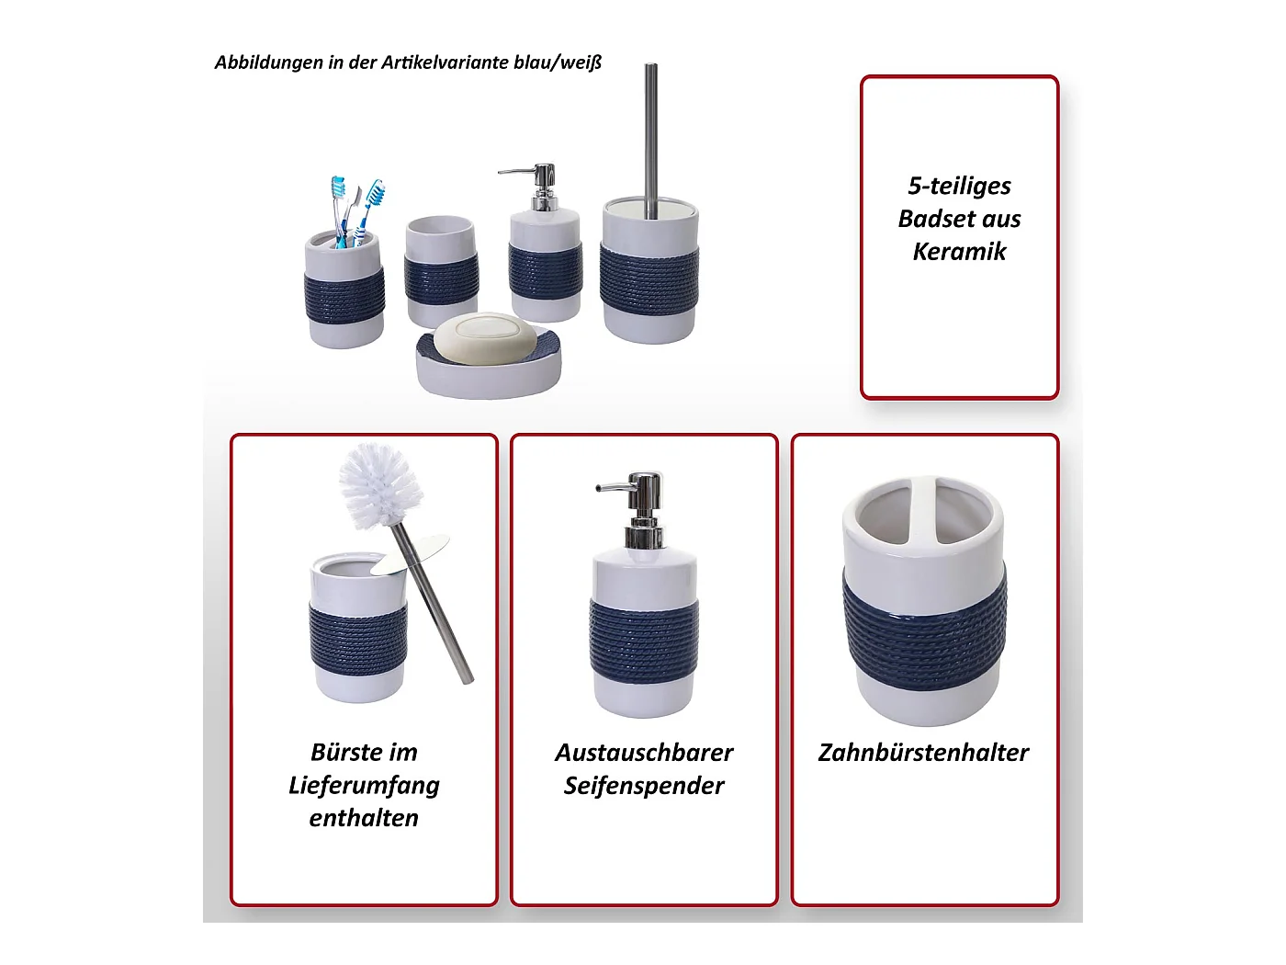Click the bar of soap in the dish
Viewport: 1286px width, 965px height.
click(x=486, y=339)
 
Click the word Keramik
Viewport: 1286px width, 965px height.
click(x=959, y=251)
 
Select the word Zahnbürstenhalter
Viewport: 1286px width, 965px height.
click(x=923, y=753)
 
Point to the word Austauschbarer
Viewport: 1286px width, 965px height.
click(x=644, y=753)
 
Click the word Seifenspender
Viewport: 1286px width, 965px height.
click(x=644, y=787)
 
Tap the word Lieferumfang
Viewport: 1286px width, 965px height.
click(x=364, y=787)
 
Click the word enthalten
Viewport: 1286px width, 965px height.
click(x=364, y=819)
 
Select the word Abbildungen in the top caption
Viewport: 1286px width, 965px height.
click(x=269, y=62)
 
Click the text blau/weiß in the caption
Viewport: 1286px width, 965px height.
click(x=558, y=62)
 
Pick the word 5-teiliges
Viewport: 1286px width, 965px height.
click(x=959, y=187)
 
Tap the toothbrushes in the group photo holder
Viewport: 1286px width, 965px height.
click(x=355, y=211)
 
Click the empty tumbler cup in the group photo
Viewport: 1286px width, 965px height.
click(x=441, y=272)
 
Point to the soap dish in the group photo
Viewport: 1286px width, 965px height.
click(x=488, y=364)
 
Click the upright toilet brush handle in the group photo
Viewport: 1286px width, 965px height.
click(x=650, y=141)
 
